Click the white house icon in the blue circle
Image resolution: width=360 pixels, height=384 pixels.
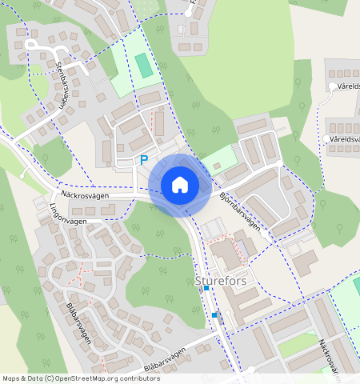[x=180, y=185]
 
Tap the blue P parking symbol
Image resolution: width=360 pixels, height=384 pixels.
[x=144, y=160]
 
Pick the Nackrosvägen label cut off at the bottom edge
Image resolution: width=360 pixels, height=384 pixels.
[x=329, y=355]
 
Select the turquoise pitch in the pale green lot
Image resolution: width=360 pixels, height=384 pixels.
[x=142, y=66]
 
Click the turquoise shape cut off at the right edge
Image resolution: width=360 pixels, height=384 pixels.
[x=357, y=285]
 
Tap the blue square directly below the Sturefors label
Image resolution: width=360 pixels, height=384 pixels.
[x=206, y=299]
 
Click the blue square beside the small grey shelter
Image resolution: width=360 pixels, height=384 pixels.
[x=214, y=316]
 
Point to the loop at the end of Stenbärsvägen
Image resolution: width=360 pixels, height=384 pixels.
[x=33, y=45]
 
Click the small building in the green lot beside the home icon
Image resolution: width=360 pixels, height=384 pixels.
[x=216, y=166]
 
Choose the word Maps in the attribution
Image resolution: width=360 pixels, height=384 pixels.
[x=10, y=378]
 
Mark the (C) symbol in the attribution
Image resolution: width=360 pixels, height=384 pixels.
[x=49, y=378]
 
